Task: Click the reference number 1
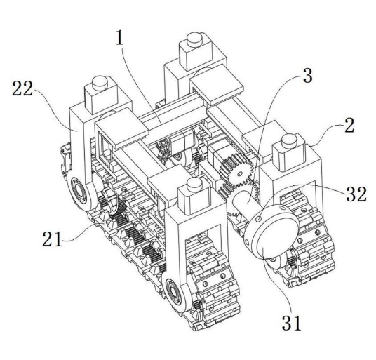120,38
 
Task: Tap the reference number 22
22,88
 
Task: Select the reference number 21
52,239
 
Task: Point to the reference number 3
308,75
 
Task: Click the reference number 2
349,125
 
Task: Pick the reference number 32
356,194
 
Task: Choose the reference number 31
291,323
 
